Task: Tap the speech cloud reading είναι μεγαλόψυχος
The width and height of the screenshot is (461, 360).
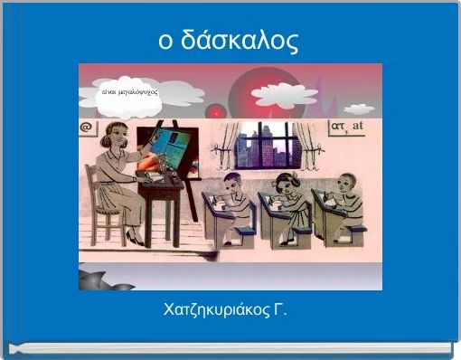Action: (130, 93)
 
